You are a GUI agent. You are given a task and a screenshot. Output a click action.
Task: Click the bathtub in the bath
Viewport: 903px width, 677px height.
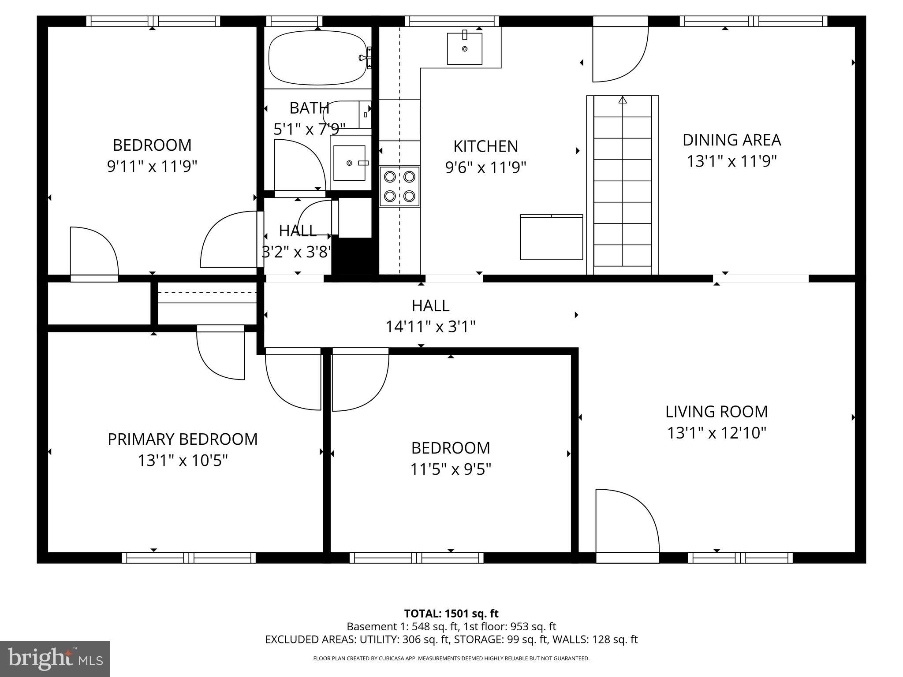coord(317,58)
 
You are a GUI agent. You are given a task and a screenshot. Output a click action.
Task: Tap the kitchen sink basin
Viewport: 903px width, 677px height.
coord(464,48)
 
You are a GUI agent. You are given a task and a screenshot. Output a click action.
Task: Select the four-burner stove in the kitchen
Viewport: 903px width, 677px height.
coord(399,186)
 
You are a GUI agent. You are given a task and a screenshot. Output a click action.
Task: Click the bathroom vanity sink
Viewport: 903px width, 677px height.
coord(349,163)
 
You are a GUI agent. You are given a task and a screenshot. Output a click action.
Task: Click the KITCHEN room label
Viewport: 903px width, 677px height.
coord(485,146)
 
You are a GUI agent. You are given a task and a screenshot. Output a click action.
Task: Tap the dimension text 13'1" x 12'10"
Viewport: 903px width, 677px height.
coord(716,433)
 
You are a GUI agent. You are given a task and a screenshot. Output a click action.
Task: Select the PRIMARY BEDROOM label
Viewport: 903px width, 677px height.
coord(183,439)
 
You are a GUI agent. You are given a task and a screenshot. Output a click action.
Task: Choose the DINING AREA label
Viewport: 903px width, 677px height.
coord(731,140)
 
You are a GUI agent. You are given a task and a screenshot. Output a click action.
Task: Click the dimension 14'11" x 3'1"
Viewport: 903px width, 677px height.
coord(430,327)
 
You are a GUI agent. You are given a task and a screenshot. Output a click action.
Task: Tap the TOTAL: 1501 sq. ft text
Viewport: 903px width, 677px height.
coord(451,614)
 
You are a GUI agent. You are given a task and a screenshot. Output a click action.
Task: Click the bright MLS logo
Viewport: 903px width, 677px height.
coord(55,659)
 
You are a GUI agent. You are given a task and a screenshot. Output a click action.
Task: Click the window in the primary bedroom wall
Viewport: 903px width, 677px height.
coord(189,558)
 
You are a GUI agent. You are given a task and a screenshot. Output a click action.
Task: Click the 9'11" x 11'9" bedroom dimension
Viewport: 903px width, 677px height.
coord(152,167)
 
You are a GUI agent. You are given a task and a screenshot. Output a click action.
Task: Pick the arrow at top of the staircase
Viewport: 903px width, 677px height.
coord(623,100)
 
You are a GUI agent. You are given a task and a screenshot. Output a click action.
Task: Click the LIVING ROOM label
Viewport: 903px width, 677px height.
coord(716,412)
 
